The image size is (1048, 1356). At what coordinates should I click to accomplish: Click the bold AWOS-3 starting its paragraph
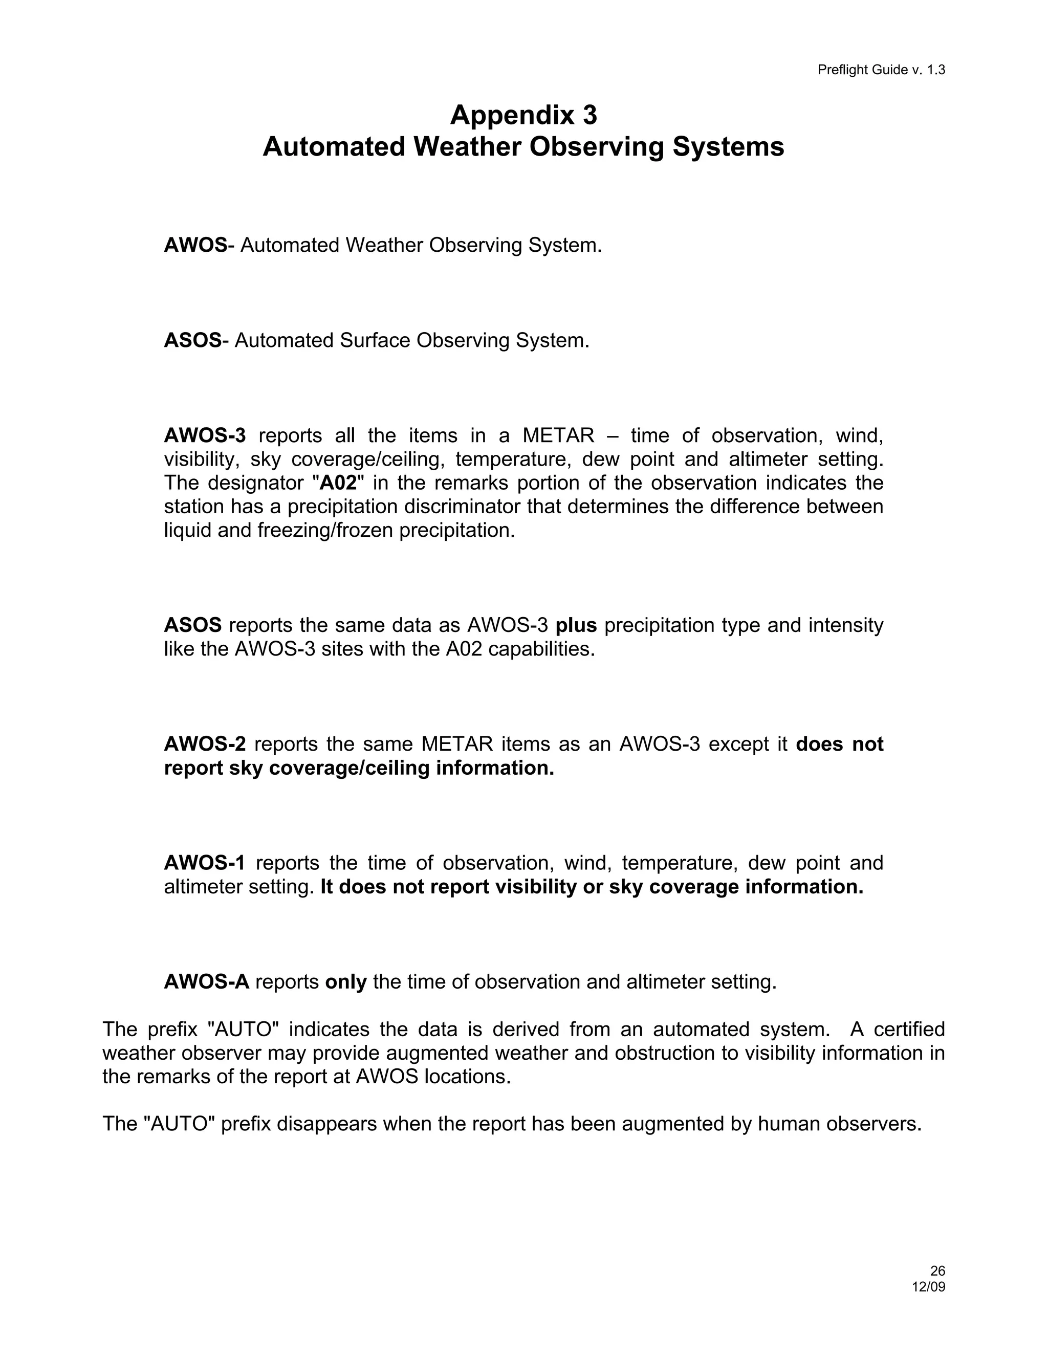point(205,435)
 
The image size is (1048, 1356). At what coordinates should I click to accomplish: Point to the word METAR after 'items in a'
point(558,435)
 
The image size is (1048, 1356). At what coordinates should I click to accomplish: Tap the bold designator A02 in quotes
point(337,483)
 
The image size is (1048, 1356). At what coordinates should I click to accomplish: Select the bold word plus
point(576,625)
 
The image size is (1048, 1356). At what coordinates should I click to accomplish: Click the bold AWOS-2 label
point(205,744)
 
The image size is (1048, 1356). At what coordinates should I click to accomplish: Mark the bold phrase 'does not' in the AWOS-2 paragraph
point(839,744)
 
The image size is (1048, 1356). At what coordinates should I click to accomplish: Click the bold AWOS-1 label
point(204,862)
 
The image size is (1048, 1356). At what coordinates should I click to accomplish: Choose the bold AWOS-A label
point(206,981)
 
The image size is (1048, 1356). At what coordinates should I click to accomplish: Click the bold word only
point(346,981)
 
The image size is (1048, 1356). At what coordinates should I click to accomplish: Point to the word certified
point(909,1030)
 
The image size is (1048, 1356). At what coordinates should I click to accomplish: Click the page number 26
point(937,1271)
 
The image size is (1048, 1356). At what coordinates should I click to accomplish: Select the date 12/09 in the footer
point(928,1286)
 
